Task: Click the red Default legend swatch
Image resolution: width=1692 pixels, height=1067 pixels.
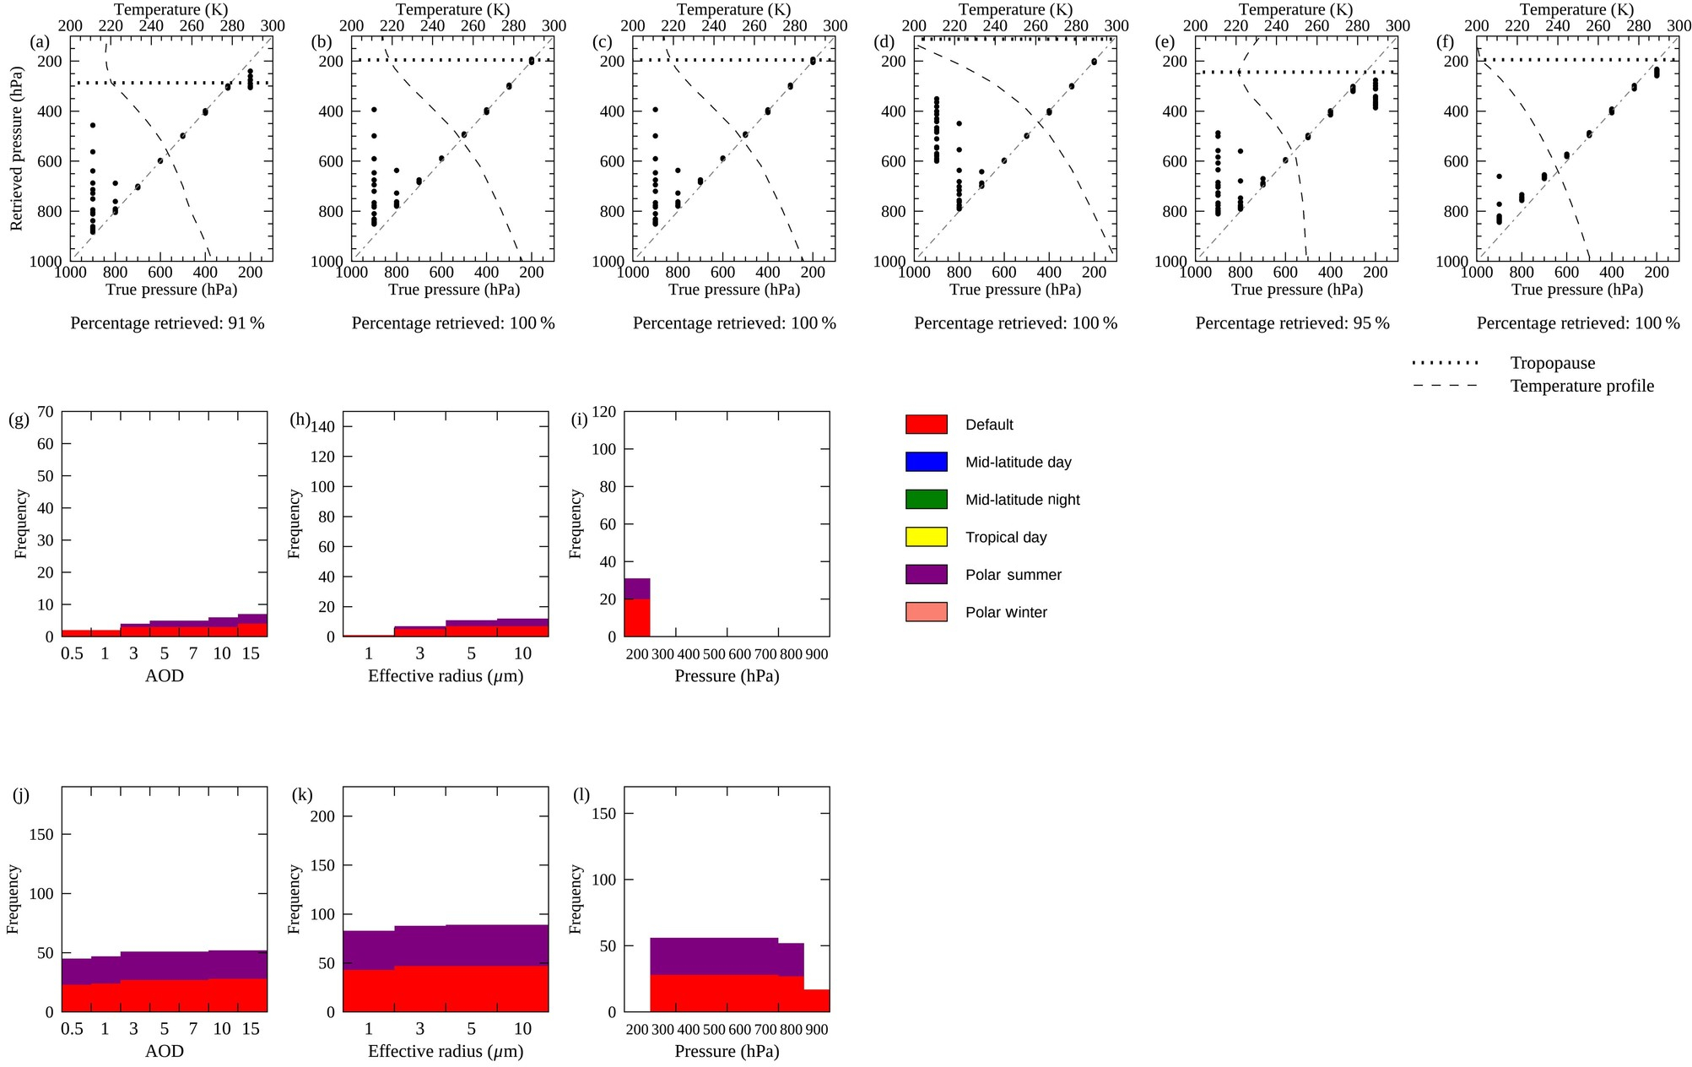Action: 926,425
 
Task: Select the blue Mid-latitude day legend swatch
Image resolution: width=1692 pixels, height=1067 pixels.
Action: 926,462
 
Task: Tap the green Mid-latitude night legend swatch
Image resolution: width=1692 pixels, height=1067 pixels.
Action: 926,500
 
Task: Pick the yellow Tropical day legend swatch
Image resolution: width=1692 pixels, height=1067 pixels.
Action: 926,537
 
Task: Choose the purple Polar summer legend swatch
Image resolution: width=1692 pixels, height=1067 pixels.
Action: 926,575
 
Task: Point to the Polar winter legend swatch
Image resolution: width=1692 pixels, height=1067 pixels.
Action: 926,612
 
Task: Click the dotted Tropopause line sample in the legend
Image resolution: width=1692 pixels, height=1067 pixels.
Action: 1445,364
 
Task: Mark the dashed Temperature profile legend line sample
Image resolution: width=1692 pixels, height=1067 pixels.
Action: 1445,386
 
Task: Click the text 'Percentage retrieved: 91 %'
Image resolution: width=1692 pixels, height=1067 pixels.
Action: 167,323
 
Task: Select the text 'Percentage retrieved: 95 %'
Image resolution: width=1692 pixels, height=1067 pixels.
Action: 1292,323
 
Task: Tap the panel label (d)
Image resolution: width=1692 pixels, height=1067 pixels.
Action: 884,42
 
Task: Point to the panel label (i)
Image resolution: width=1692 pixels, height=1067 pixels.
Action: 580,419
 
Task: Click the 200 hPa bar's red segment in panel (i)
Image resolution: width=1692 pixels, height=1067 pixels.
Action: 637,618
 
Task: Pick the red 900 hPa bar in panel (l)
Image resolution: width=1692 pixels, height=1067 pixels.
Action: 816,1000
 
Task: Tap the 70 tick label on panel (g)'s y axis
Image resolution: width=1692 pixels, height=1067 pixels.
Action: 45,412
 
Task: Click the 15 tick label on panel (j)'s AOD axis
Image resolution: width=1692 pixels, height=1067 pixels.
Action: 251,1029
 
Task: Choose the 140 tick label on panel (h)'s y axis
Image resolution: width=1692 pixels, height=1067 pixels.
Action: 323,427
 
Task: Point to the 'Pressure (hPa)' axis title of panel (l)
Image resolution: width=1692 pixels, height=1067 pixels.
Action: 727,1051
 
